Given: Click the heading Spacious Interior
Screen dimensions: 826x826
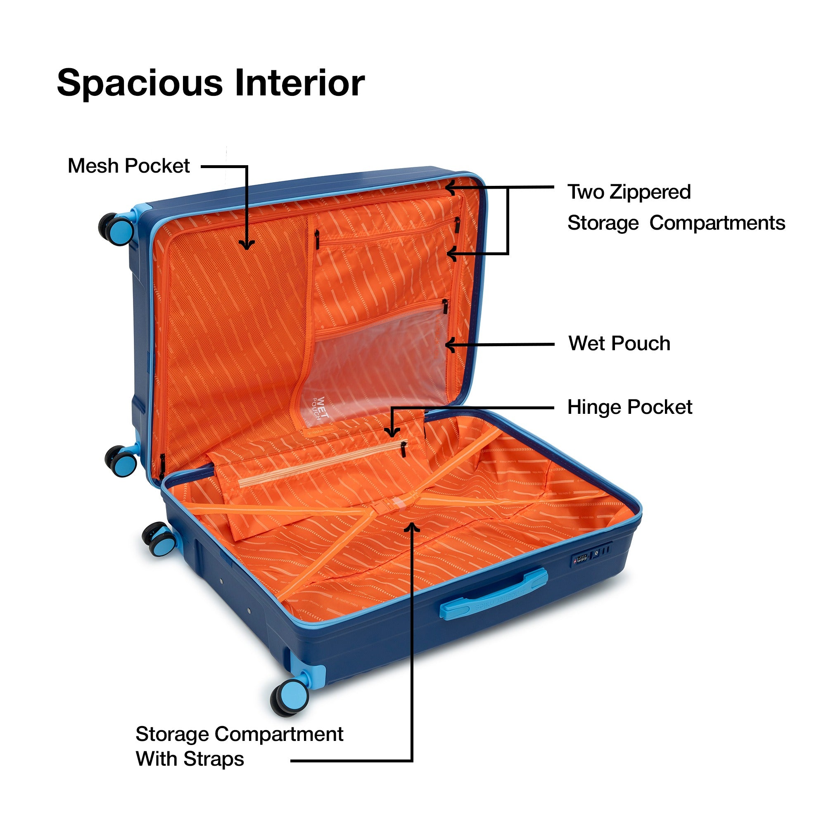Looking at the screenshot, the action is (x=211, y=83).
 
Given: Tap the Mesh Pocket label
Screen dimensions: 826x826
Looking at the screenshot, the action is (x=129, y=166).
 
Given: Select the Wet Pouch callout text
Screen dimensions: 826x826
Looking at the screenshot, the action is (x=619, y=343).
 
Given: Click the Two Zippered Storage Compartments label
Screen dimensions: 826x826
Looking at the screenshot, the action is (x=676, y=207).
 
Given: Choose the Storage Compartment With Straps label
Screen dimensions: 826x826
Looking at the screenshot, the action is (x=240, y=746).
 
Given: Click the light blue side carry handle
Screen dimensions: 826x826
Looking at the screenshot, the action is (x=494, y=593).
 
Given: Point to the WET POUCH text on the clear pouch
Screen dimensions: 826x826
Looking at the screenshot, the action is (x=320, y=409).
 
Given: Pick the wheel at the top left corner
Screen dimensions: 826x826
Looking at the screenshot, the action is (x=116, y=229).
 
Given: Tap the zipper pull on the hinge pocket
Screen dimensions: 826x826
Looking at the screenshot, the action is (x=403, y=449).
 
